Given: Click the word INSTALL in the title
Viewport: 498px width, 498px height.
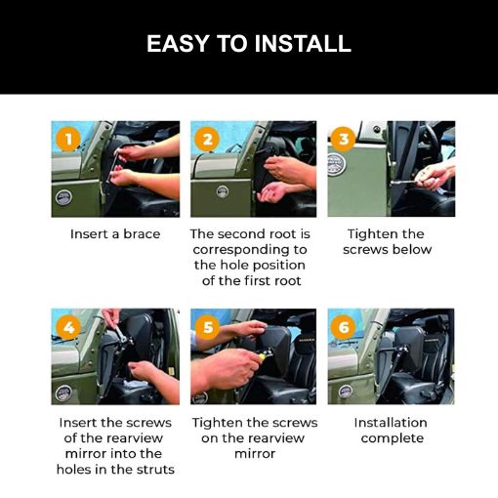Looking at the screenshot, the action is (x=303, y=43).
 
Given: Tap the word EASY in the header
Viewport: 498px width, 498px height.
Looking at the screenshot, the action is (x=178, y=43).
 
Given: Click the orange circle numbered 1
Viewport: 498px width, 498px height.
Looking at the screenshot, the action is (x=68, y=140).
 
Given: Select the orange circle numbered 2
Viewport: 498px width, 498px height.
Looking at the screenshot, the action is (x=207, y=140).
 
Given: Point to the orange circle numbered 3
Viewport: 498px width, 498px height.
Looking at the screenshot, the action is (x=344, y=140).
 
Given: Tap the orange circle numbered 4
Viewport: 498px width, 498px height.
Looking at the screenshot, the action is (x=68, y=327).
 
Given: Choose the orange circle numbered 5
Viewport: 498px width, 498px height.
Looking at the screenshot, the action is (x=207, y=327).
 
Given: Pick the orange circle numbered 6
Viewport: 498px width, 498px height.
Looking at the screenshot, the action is (x=344, y=327).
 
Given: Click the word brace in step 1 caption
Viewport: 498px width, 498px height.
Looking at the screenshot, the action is (x=142, y=234).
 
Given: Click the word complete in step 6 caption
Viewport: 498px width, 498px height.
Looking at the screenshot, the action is (x=393, y=438).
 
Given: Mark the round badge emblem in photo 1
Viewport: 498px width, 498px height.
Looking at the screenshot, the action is (x=63, y=197).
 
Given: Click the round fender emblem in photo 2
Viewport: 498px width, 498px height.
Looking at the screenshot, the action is (x=223, y=191).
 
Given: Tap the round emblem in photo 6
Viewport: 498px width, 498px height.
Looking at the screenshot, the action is (x=345, y=392).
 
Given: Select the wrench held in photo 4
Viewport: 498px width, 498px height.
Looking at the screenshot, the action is (x=120, y=334).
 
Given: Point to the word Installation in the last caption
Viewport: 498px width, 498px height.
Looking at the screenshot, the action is (x=391, y=423).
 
